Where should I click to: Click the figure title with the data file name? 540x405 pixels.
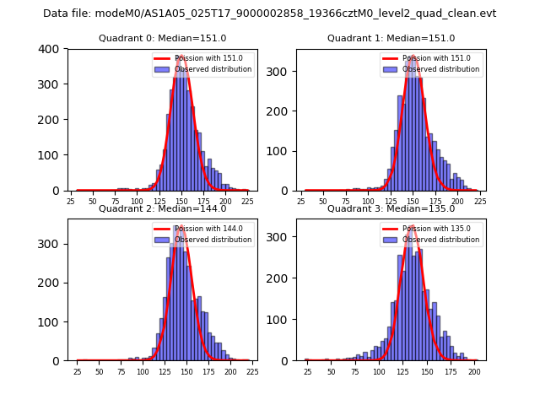(x=270, y=13)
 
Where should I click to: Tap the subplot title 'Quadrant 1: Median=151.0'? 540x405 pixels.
(x=391, y=38)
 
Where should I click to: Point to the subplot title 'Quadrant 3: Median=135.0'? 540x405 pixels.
(x=391, y=208)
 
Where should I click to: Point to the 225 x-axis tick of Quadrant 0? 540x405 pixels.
(x=246, y=202)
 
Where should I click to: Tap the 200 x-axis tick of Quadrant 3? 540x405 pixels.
(x=474, y=372)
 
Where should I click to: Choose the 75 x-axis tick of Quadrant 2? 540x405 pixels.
(x=121, y=372)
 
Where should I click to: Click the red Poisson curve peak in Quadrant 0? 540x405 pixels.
(x=180, y=57)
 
